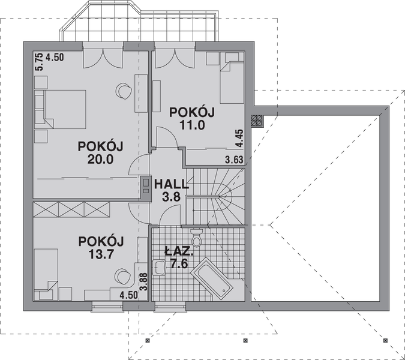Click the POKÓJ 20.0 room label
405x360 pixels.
pos(100,152)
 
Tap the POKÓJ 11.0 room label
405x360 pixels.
pos(191,118)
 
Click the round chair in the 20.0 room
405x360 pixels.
pos(124,90)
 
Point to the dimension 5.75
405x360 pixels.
pos(39,62)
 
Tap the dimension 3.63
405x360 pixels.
pos(234,160)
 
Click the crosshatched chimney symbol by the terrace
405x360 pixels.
pos(256,121)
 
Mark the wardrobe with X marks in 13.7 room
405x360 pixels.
pos(71,210)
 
